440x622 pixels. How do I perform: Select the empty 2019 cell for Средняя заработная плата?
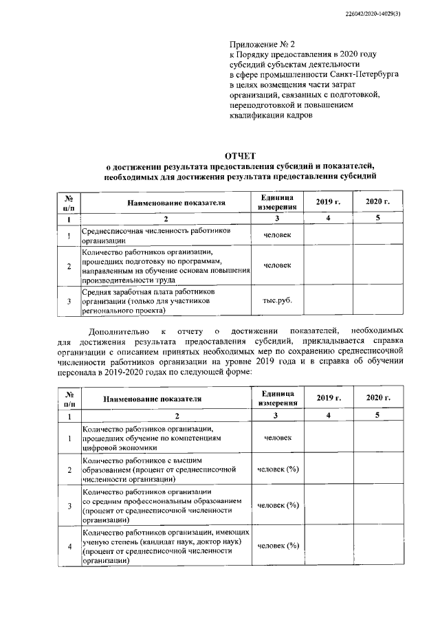pos(328,300)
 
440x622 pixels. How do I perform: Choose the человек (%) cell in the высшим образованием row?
pos(277,470)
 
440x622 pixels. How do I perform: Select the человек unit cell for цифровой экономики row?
pos(277,437)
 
